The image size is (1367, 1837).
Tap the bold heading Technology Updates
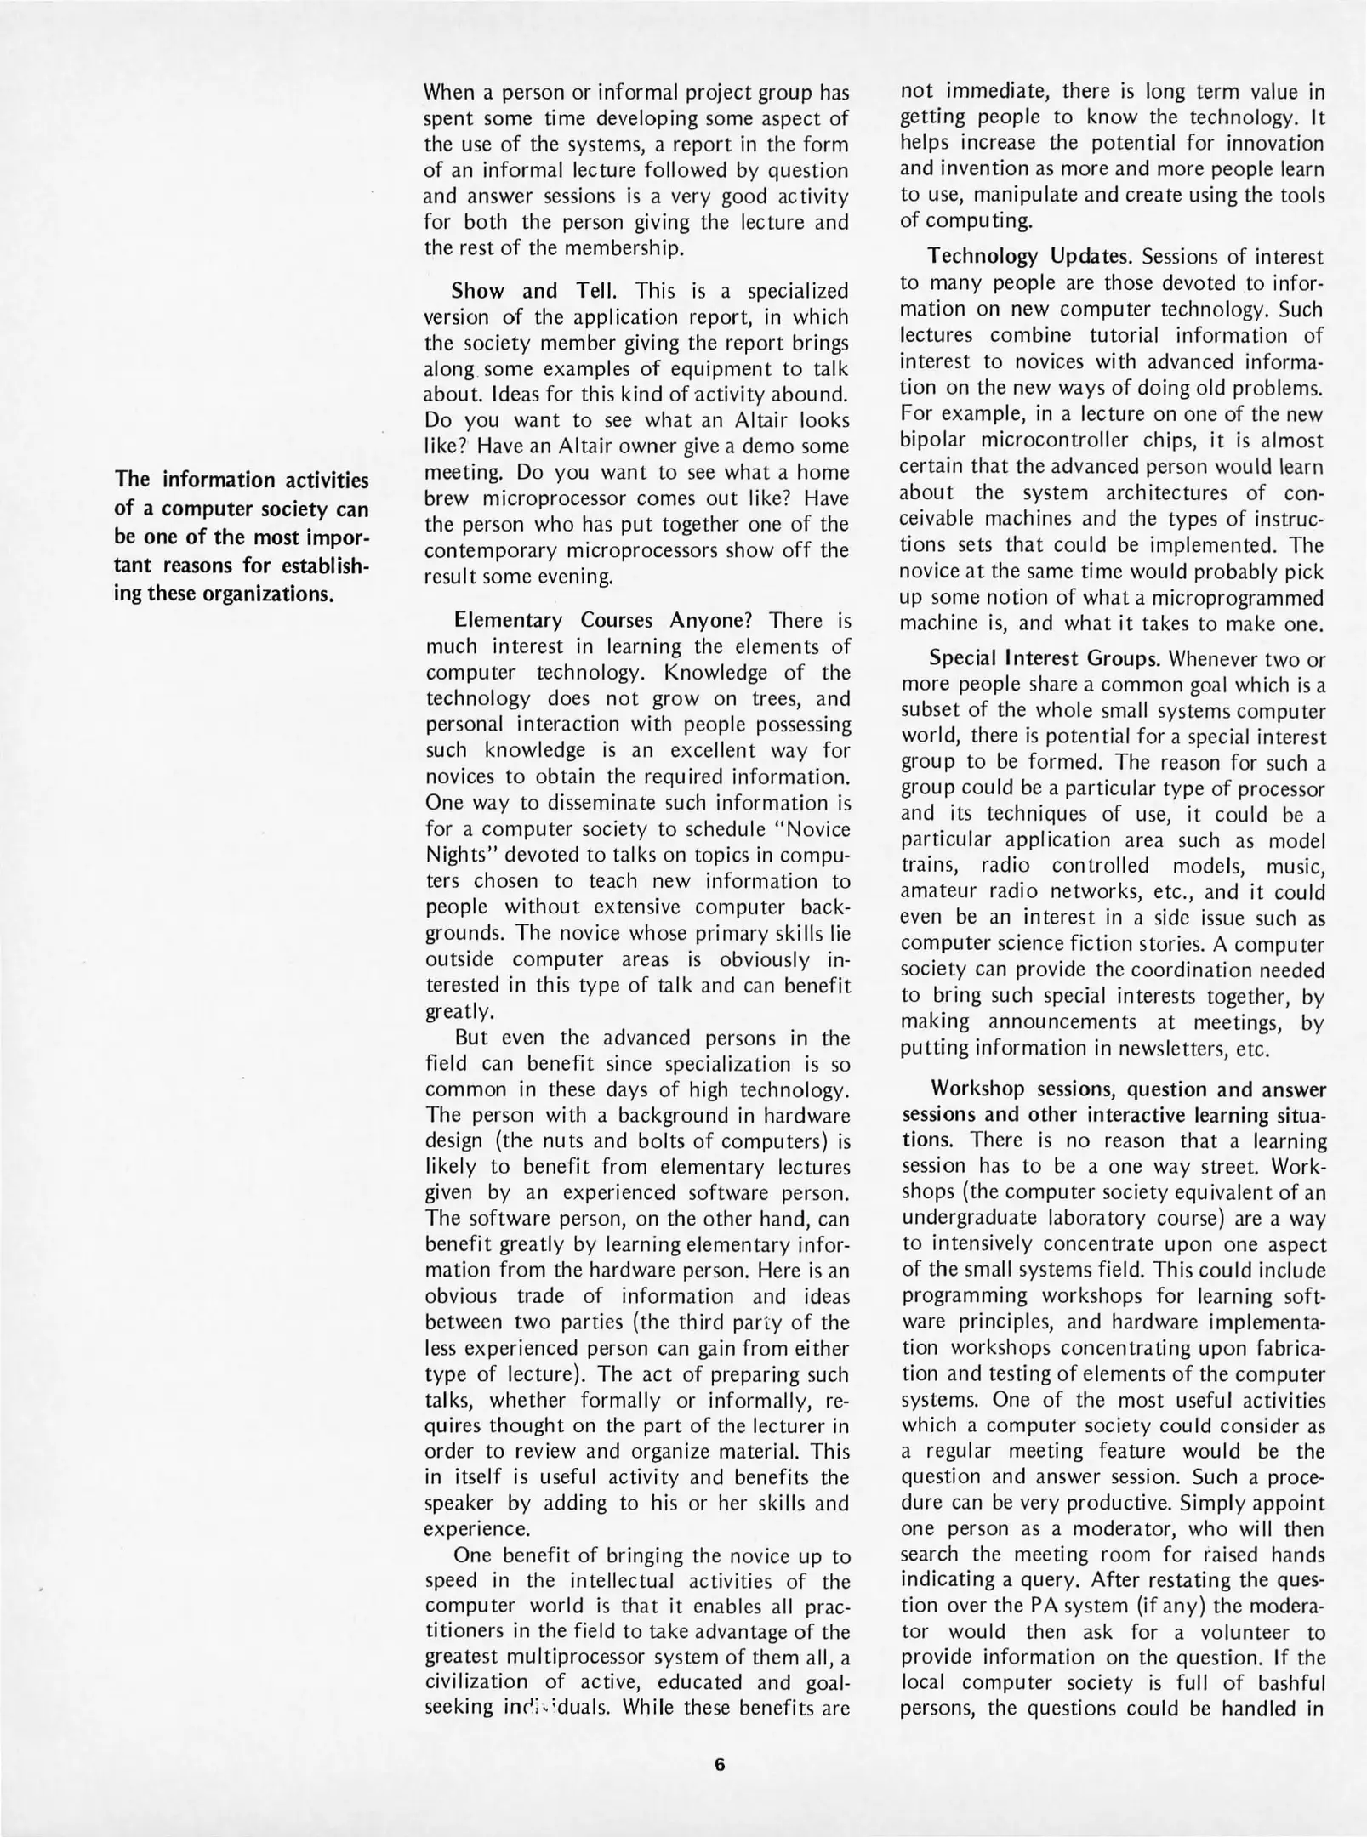coord(1031,256)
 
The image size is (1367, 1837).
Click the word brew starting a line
coord(444,498)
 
